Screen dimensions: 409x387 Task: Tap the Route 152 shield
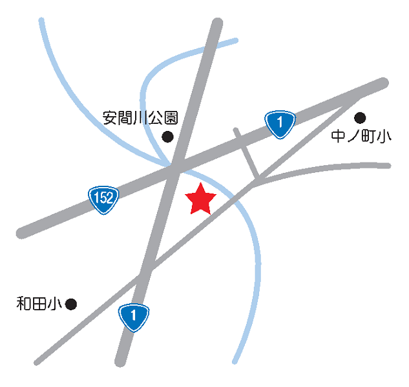click(x=103, y=198)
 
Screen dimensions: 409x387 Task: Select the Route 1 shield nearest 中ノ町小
click(x=280, y=123)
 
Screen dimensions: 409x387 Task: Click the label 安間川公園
click(x=140, y=118)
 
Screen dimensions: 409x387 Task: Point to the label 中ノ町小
click(x=361, y=137)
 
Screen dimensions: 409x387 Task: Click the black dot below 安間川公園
click(x=167, y=136)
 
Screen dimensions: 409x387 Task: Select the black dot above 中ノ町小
click(x=360, y=117)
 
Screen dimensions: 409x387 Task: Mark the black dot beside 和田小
click(x=71, y=303)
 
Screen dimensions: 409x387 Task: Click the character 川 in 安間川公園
click(x=140, y=118)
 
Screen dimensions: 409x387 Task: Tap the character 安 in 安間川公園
click(x=110, y=118)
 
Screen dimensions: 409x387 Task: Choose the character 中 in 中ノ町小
click(x=338, y=137)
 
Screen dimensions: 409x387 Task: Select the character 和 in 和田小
click(x=24, y=303)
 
